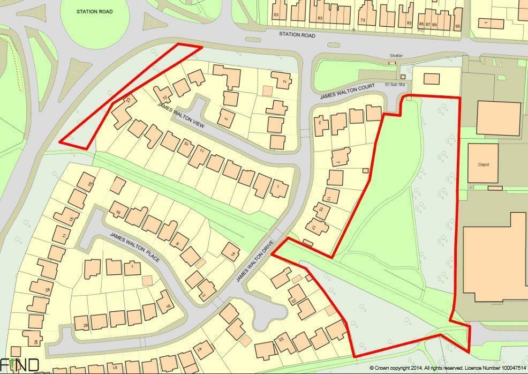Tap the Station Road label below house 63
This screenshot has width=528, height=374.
tap(297, 35)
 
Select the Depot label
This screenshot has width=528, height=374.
tap(484, 164)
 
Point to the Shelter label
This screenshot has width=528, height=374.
tap(396, 56)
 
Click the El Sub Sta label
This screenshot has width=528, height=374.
tap(394, 84)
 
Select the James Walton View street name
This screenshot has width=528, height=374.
tap(181, 113)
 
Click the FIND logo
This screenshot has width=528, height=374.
tap(20, 365)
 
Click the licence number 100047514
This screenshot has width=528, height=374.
tap(510, 368)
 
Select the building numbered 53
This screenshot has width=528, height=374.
tap(277, 13)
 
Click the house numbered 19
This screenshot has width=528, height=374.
tap(86, 182)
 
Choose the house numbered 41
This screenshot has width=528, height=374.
tap(202, 349)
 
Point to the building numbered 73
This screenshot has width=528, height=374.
tap(363, 17)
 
